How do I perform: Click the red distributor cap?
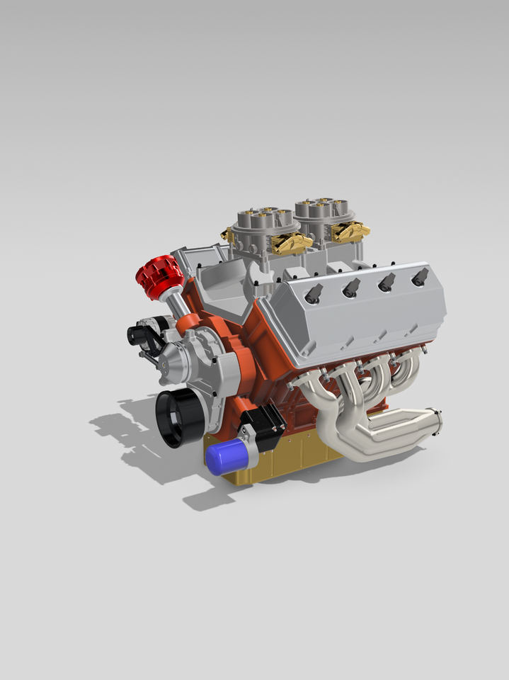(x=159, y=276)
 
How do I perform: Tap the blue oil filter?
(x=225, y=457)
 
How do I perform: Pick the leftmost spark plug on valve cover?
(x=314, y=293)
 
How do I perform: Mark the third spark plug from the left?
(x=387, y=282)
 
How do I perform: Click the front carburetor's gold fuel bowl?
(x=290, y=244)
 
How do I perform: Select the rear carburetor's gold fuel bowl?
(x=350, y=232)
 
